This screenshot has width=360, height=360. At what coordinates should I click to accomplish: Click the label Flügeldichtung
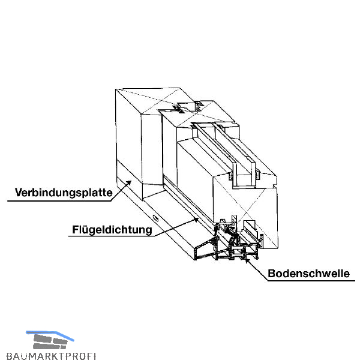112,229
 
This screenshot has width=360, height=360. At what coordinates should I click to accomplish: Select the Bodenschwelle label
308,274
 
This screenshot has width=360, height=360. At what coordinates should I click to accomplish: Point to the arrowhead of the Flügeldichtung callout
199,219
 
